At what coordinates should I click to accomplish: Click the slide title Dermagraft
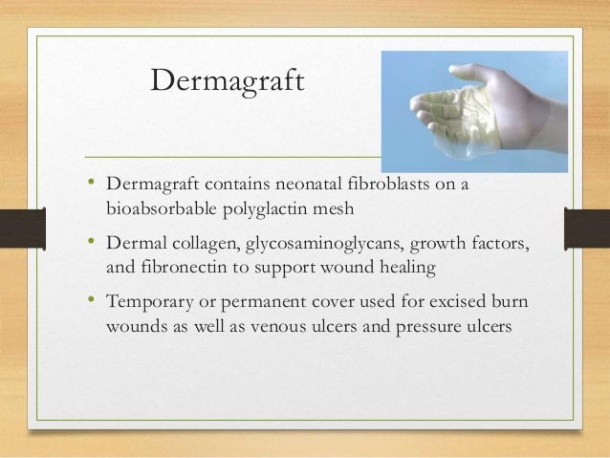coord(226,84)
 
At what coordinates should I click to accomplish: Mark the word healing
coord(406,269)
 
